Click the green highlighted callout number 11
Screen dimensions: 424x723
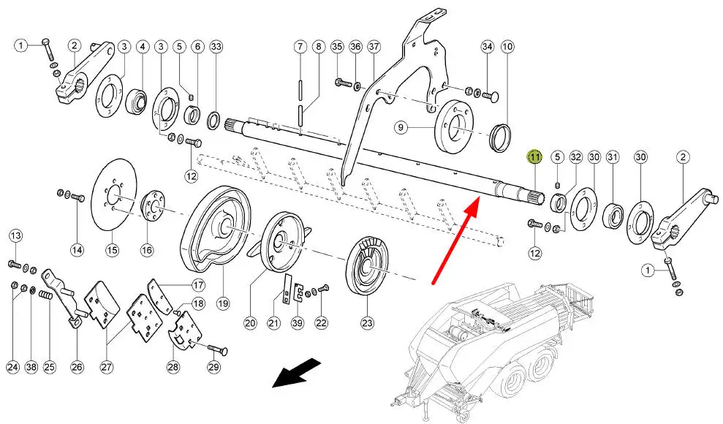click(534, 156)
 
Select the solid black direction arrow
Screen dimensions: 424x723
click(295, 372)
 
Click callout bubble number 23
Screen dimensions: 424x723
click(367, 322)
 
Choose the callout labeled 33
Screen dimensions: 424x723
click(216, 47)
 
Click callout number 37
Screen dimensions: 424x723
click(374, 47)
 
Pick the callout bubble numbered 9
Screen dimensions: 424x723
click(401, 127)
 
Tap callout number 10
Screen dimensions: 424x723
click(507, 47)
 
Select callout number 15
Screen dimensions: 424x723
click(112, 250)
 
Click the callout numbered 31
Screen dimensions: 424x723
click(612, 156)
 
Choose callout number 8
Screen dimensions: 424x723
click(318, 47)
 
